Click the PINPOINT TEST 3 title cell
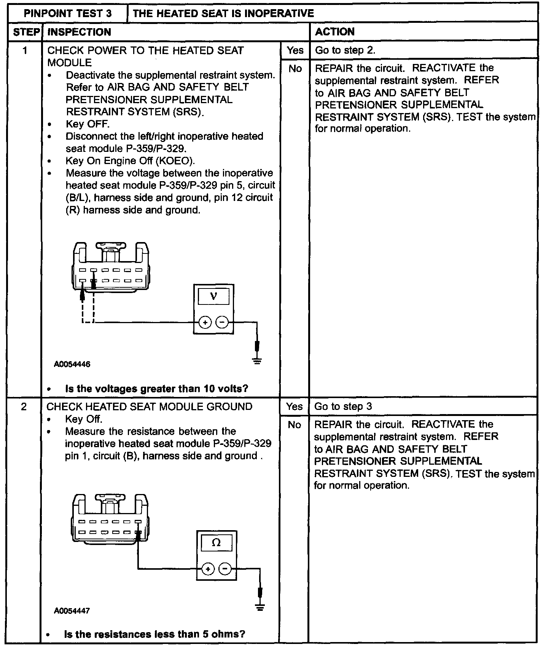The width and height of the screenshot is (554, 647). pyautogui.click(x=68, y=14)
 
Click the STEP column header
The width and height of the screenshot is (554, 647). pyautogui.click(x=26, y=32)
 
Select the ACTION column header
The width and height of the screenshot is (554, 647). pyautogui.click(x=335, y=32)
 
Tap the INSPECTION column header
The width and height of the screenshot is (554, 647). pyautogui.click(x=79, y=32)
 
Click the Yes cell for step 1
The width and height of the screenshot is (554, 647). pyautogui.click(x=295, y=50)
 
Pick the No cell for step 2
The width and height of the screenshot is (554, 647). pyautogui.click(x=294, y=425)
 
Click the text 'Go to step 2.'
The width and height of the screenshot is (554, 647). pyautogui.click(x=345, y=50)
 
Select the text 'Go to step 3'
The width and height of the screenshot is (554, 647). pyautogui.click(x=343, y=406)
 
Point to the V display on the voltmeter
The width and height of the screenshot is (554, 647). pyautogui.click(x=213, y=296)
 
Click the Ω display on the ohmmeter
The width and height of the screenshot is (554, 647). pyautogui.click(x=216, y=543)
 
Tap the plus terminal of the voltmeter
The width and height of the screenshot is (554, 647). pyautogui.click(x=205, y=323)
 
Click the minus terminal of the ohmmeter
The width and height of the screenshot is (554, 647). pyautogui.click(x=225, y=569)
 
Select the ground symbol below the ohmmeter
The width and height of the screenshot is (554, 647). pyautogui.click(x=260, y=607)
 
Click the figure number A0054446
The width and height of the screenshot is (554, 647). pyautogui.click(x=72, y=364)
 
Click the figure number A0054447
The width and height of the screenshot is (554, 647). pyautogui.click(x=72, y=611)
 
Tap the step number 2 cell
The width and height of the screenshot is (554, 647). pyautogui.click(x=24, y=407)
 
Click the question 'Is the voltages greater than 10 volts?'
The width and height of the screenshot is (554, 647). pyautogui.click(x=156, y=389)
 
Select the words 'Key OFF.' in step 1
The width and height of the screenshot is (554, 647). pyautogui.click(x=88, y=124)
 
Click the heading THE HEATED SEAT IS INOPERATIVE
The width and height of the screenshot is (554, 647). pyautogui.click(x=223, y=14)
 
